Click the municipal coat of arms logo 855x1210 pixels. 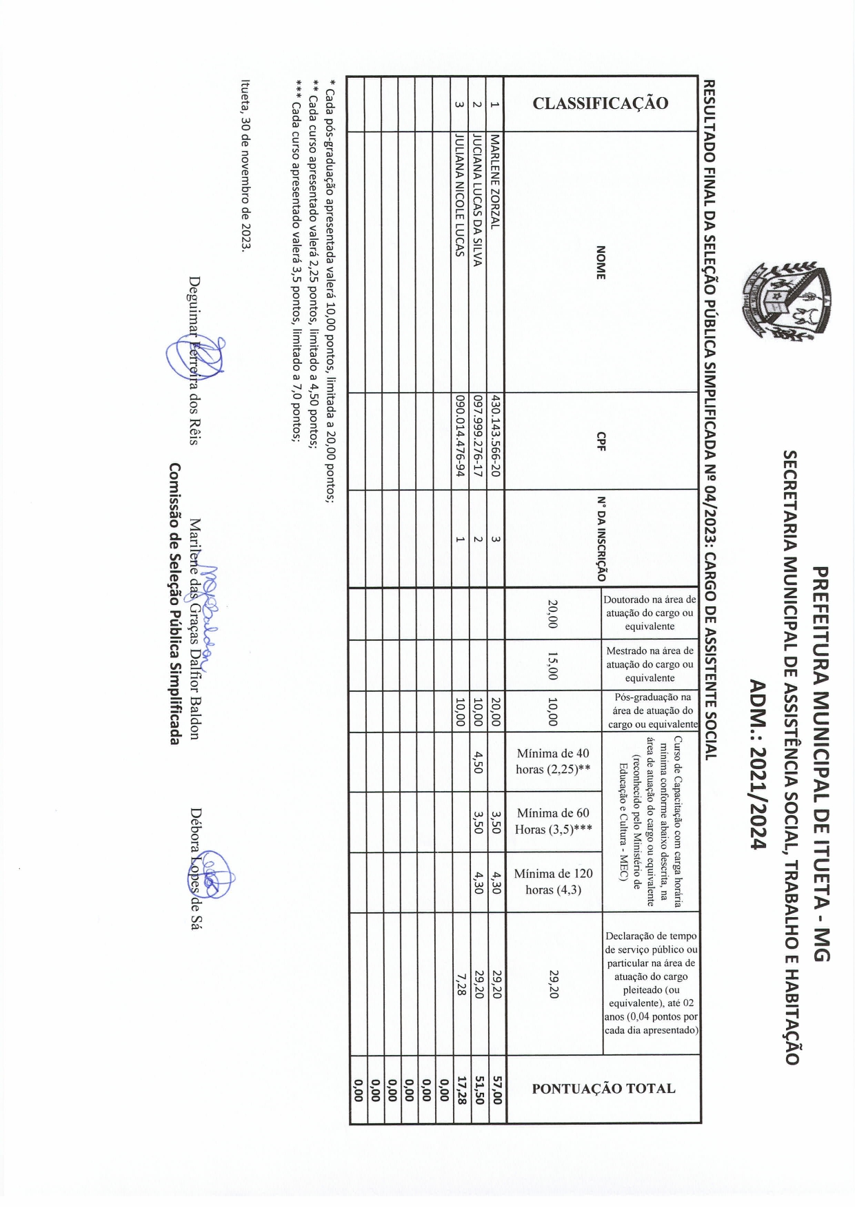click(x=786, y=300)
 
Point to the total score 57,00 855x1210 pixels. click(x=496, y=1089)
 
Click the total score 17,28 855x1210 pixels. click(x=461, y=1089)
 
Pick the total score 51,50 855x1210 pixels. click(x=479, y=1089)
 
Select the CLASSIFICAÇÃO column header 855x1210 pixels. click(x=601, y=103)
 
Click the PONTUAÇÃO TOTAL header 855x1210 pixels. click(x=603, y=1089)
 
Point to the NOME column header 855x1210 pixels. click(x=601, y=262)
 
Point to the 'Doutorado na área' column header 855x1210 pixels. click(x=650, y=613)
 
